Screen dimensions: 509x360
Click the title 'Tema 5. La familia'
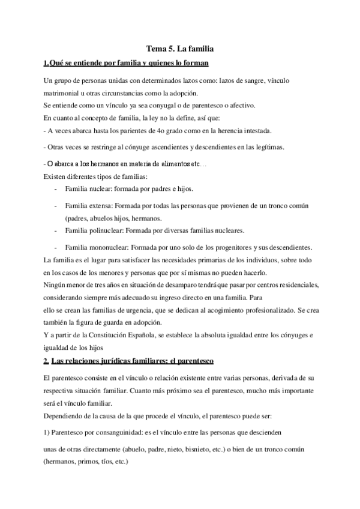pos(180,47)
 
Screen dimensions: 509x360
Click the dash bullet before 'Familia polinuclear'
pos(55,230)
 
